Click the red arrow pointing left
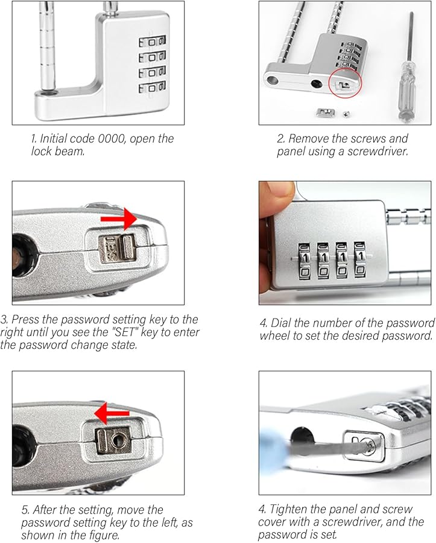tap(112, 413)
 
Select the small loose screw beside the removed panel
tap(345, 113)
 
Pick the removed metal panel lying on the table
tap(325, 113)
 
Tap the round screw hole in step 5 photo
tap(115, 440)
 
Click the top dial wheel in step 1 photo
tap(152, 42)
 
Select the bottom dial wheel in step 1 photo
tap(152, 87)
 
